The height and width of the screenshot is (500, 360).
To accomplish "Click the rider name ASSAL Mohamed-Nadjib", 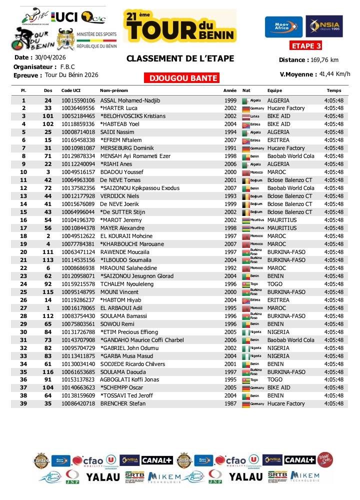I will (130, 100).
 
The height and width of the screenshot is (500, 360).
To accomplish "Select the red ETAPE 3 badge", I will (305, 46).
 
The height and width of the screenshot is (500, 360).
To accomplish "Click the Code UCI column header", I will (70, 90).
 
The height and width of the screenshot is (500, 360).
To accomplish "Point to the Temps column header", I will (333, 90).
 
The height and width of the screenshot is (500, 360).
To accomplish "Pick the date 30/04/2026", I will (50, 57).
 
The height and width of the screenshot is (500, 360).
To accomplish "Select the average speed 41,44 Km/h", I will (334, 74).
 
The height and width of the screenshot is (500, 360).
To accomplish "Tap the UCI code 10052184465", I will (78, 116).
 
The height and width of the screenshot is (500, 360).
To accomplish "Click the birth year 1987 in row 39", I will (230, 404).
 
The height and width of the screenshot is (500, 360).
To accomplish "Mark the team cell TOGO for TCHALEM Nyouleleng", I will (275, 284).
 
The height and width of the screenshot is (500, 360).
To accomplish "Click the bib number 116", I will (48, 372).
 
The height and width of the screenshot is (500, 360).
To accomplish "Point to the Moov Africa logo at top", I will (283, 27).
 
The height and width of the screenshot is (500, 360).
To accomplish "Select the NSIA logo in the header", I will (324, 27).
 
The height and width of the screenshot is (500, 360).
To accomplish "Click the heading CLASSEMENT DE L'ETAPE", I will (180, 59).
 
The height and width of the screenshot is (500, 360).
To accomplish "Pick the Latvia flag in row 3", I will (245, 116).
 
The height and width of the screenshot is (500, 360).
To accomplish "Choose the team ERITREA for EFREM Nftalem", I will (279, 140).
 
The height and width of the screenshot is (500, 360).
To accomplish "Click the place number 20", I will (23, 252).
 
